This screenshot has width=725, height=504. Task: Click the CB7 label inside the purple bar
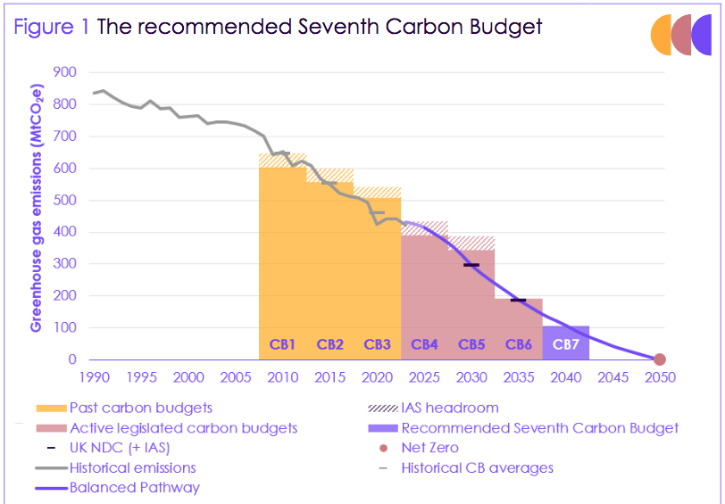coord(566,344)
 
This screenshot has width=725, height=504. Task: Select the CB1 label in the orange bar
coord(283,344)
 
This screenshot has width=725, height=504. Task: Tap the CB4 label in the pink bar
coord(424,344)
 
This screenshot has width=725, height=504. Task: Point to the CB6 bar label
coord(519,344)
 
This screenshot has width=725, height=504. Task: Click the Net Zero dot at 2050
coord(660,359)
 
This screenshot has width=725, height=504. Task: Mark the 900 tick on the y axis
coord(64,72)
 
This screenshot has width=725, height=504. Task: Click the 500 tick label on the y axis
coord(64,200)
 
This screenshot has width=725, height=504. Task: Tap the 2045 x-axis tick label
coord(612,377)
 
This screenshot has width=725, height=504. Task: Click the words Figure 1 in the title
coord(51,27)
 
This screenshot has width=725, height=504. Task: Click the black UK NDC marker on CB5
coord(471,265)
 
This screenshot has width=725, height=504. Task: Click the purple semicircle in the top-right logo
coord(701,35)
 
